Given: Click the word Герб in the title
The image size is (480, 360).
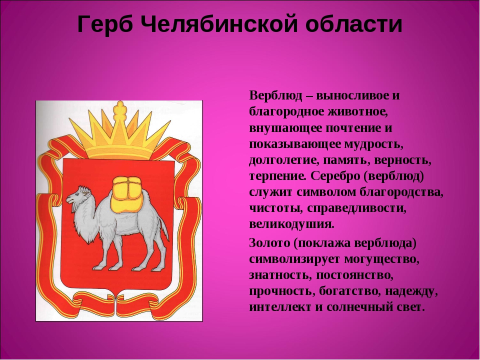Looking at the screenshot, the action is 104,24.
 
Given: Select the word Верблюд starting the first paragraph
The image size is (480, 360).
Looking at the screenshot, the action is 275,95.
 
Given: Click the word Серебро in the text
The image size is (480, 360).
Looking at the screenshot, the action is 335,176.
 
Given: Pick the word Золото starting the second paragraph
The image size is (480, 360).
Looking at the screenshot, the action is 269,243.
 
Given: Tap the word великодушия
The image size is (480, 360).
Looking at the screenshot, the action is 291,224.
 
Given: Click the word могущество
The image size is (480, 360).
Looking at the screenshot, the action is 381,259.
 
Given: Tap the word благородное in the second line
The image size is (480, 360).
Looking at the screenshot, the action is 286,112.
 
